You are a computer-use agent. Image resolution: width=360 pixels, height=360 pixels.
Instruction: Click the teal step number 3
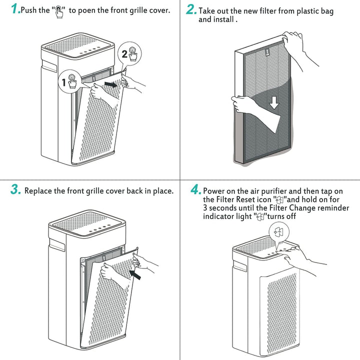[x=15, y=190]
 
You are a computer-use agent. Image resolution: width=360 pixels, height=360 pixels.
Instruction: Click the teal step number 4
[x=195, y=190]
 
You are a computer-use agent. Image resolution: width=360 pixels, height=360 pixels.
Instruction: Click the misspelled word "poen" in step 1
[x=88, y=10]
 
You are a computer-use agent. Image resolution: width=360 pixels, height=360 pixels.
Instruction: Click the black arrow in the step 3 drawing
[x=135, y=272]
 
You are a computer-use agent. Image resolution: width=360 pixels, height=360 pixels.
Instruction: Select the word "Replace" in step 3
[x=38, y=191]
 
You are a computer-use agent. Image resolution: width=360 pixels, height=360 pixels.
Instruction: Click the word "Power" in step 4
[x=214, y=191]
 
